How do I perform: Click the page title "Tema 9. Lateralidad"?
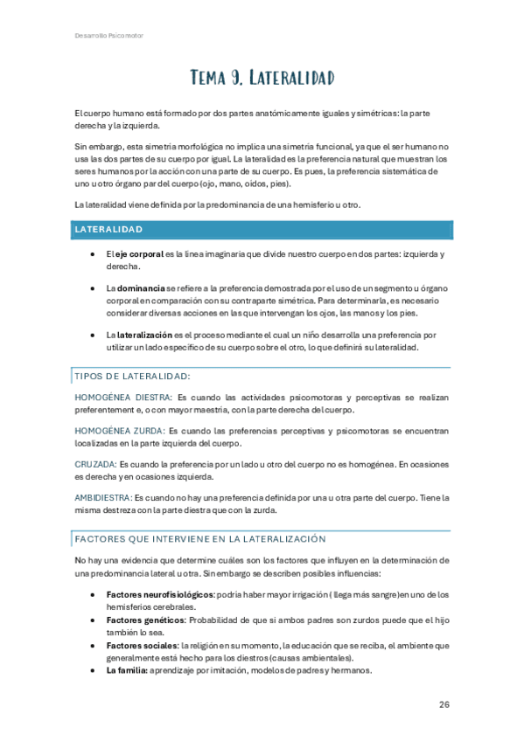262,80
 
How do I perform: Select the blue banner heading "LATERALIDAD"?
109,230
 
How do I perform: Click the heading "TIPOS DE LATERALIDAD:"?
132,377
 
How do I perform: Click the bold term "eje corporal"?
139,253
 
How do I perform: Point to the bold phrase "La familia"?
126,670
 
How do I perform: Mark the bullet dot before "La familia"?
93,670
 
